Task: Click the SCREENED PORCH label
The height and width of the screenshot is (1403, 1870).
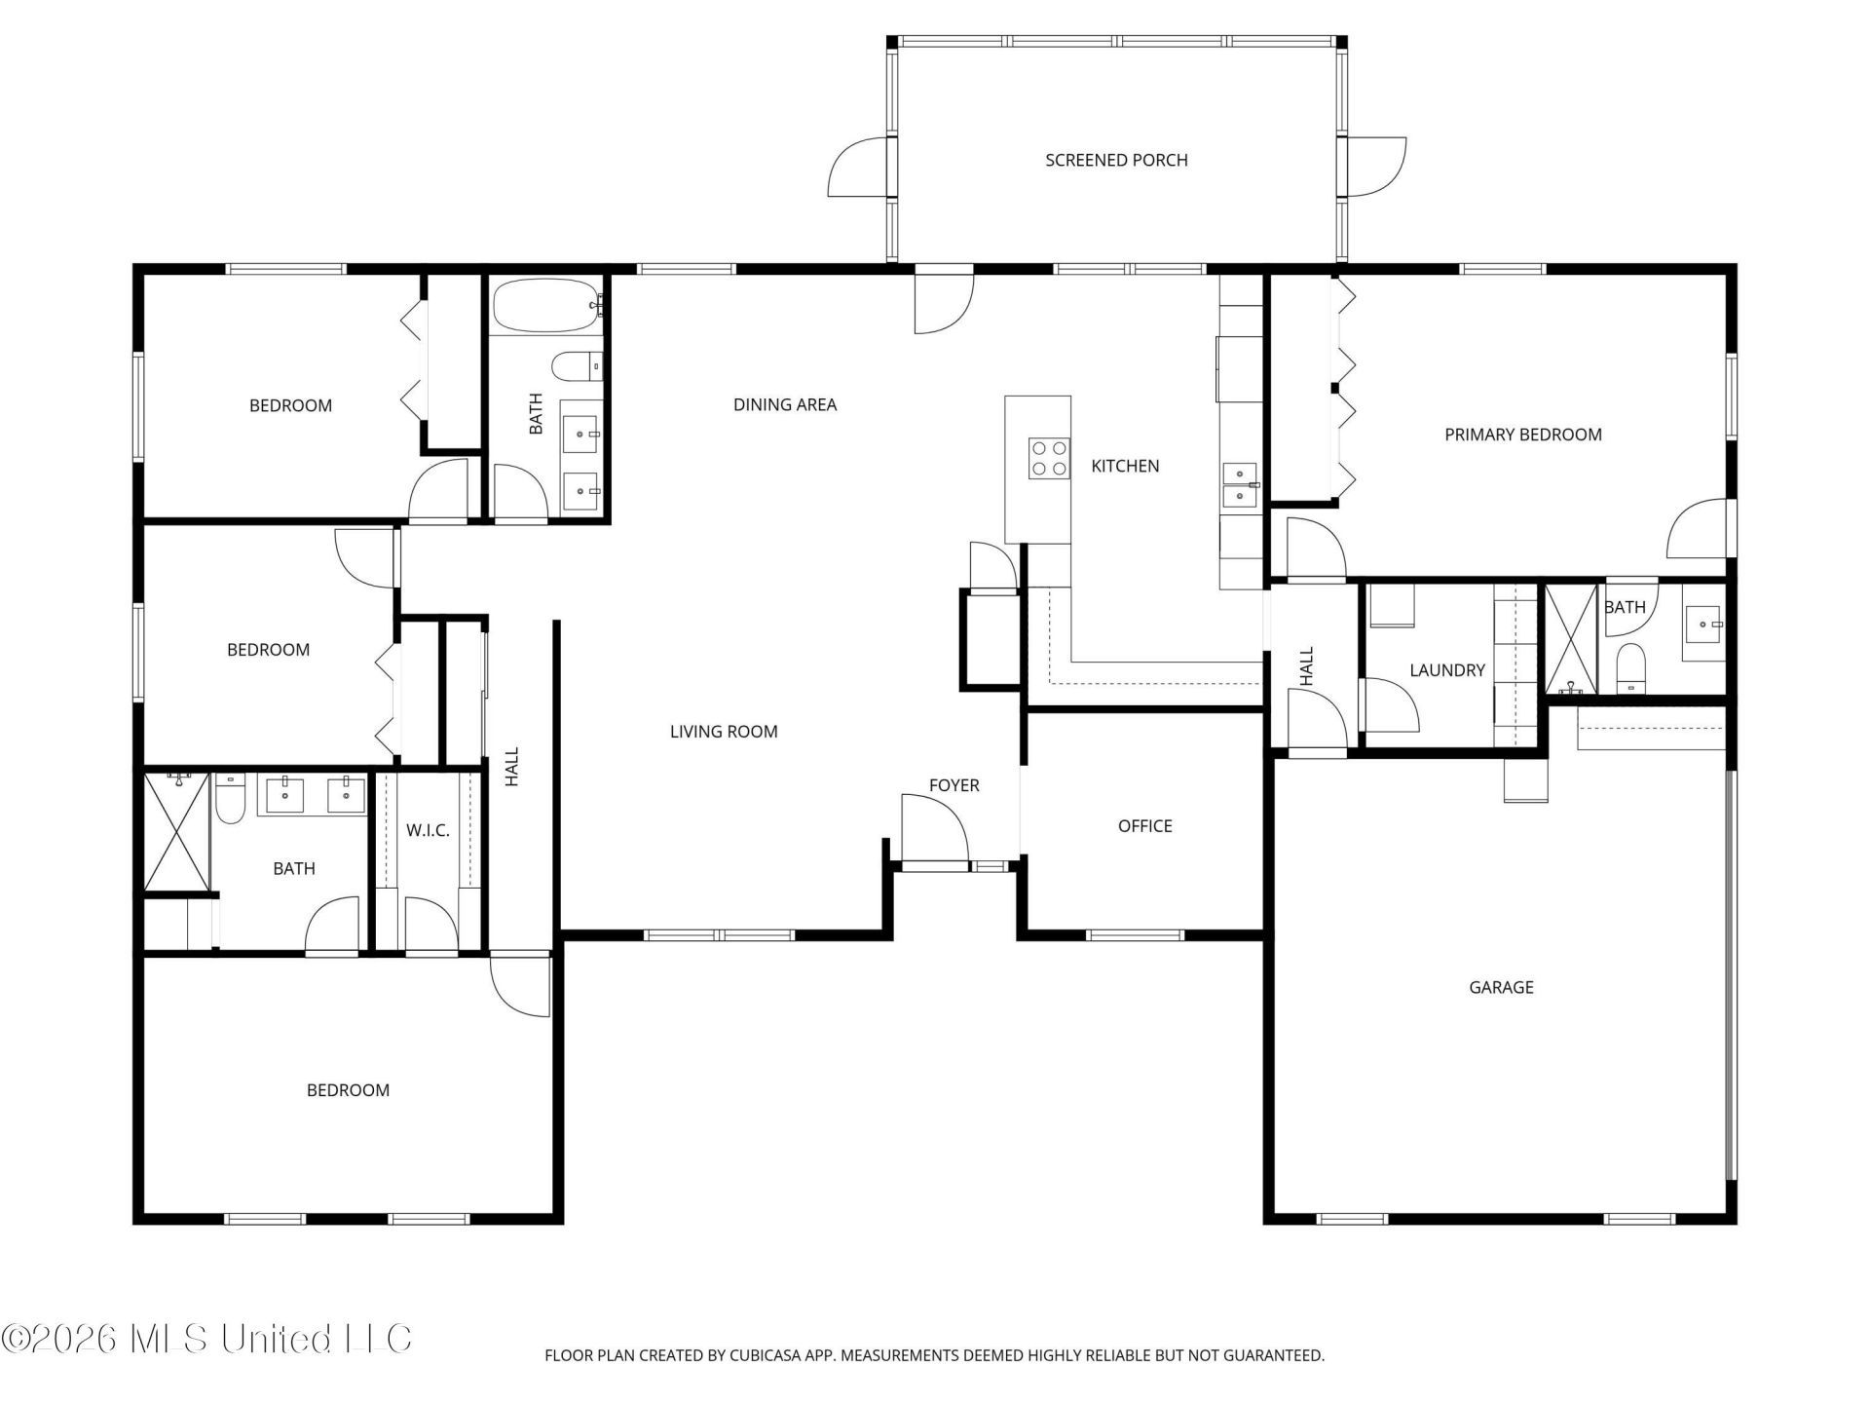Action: [1116, 160]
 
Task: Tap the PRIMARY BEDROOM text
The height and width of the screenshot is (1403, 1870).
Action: [1522, 435]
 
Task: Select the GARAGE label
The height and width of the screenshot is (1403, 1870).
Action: [1501, 987]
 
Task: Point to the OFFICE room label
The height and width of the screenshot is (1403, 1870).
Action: [1144, 826]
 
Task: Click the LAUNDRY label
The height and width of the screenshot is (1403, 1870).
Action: [1447, 670]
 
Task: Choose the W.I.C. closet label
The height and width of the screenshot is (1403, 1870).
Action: [428, 830]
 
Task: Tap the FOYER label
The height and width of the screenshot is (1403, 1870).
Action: [954, 785]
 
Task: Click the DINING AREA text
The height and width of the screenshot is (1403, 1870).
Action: [785, 404]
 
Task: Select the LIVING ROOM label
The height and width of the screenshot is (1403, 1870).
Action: [724, 732]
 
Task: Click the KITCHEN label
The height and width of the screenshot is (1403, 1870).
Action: [1125, 466]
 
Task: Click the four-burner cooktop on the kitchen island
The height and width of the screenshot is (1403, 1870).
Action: [1048, 459]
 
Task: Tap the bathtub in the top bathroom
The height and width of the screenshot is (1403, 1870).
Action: [546, 306]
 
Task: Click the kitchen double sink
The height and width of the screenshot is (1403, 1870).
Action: [1240, 484]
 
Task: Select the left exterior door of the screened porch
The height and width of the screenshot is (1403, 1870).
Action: [859, 167]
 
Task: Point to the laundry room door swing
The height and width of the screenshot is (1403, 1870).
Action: [1390, 705]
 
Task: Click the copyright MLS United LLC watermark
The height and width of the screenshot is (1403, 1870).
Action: [206, 1339]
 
